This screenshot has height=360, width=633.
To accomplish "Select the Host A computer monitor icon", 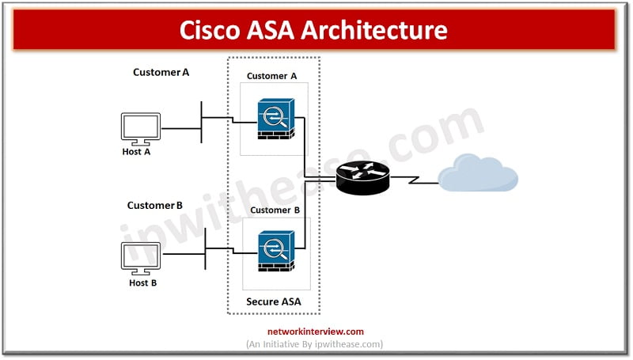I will point(140,127).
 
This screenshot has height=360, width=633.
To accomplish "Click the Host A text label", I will point(136,151).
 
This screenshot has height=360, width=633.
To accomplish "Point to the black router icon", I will point(363,177).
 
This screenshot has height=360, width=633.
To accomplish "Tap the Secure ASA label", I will point(274,301).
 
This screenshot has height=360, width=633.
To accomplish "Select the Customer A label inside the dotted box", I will point(271,76).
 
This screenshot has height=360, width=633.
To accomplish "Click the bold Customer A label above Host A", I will point(161,72).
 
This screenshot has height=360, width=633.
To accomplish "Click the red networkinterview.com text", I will point(314,332).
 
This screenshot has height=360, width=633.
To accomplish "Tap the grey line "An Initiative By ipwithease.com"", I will point(314,344).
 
